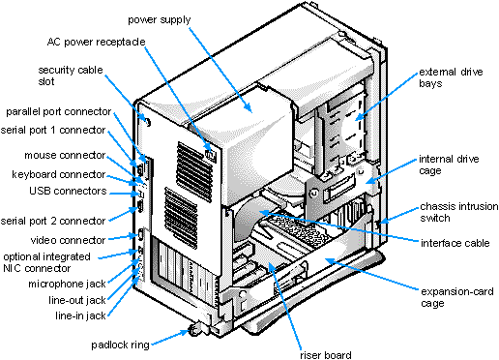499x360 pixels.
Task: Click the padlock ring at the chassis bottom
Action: coord(198,330)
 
